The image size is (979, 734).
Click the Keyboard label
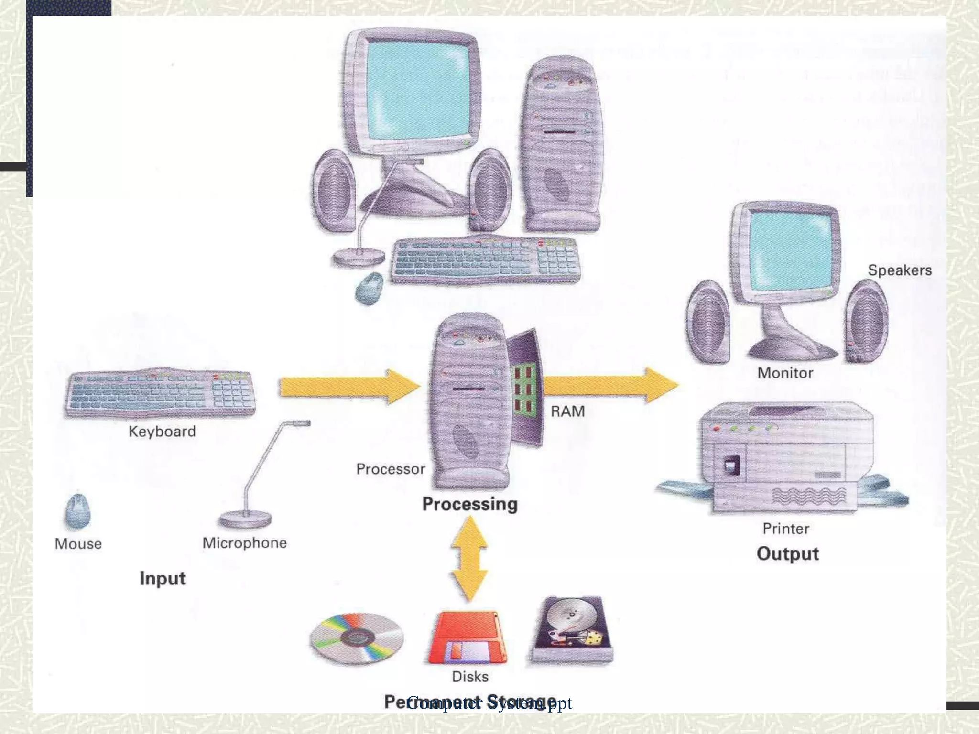tap(162, 432)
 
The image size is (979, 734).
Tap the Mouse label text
tap(78, 544)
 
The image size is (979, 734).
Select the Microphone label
tap(244, 543)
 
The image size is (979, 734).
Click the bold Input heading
tap(163, 578)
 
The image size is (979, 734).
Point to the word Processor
tap(391, 469)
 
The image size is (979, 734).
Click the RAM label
tap(567, 411)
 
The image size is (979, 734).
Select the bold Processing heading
tap(470, 504)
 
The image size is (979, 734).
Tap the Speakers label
tap(900, 270)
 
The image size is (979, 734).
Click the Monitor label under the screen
tap(785, 373)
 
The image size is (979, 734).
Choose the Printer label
tap(786, 529)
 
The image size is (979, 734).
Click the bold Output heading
tap(788, 554)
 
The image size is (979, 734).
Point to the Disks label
tap(470, 677)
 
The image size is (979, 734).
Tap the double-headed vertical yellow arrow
tap(470, 559)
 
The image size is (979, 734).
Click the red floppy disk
tap(467, 638)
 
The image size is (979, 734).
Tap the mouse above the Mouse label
tap(77, 511)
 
